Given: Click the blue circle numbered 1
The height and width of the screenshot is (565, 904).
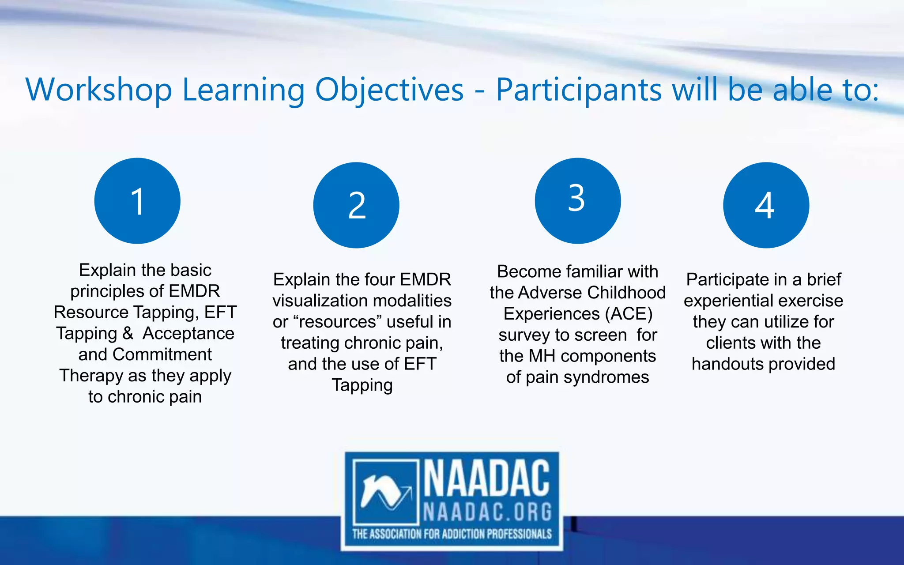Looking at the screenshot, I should (x=137, y=201).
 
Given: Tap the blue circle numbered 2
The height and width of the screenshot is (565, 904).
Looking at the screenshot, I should (x=356, y=205).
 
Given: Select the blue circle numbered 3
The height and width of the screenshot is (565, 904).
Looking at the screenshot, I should (x=577, y=201).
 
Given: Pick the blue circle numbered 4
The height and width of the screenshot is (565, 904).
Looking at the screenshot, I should (x=766, y=205).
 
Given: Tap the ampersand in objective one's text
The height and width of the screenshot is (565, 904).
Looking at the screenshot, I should (x=128, y=333).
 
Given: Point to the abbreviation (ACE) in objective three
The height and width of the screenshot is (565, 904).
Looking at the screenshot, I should (x=629, y=314).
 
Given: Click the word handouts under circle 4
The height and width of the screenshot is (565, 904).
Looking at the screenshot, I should (x=721, y=364).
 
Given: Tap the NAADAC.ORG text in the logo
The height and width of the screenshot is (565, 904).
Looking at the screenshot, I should (x=487, y=512).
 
